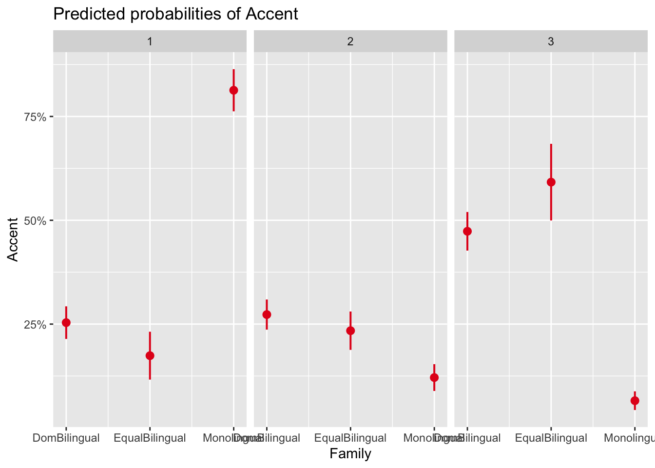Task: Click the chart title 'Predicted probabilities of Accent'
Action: (x=175, y=14)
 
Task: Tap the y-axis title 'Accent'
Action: (x=13, y=239)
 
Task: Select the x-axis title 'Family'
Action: (x=350, y=454)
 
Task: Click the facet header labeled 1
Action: (x=150, y=41)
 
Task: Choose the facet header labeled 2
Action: (x=350, y=41)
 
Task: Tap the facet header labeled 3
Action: (x=551, y=41)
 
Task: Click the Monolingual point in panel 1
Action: (x=233, y=90)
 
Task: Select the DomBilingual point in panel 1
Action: (x=66, y=322)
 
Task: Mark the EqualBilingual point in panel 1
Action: (x=150, y=355)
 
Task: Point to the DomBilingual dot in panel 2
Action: (x=267, y=314)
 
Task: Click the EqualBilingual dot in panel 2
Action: (x=350, y=331)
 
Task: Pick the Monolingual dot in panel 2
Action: (x=434, y=377)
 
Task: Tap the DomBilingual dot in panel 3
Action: (x=467, y=231)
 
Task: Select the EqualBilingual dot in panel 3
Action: (x=551, y=182)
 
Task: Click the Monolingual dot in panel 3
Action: (x=635, y=401)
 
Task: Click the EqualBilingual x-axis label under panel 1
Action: (x=150, y=438)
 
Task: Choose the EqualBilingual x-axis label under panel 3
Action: (x=551, y=438)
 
